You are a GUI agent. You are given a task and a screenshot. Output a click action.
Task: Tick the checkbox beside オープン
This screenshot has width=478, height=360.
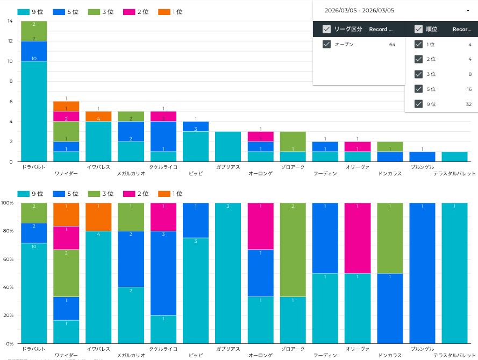point(326,44)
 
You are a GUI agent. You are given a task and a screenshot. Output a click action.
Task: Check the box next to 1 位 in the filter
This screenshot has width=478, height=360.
point(419,44)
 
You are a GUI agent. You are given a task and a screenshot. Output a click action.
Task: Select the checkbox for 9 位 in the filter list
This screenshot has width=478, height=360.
point(419,104)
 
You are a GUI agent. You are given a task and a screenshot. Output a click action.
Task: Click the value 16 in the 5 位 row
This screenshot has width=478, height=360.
point(469,89)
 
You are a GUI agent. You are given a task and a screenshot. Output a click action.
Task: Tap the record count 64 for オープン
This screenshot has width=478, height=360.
point(392,45)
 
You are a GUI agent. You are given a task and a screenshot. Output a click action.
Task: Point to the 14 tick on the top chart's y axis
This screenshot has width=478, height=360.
point(10,21)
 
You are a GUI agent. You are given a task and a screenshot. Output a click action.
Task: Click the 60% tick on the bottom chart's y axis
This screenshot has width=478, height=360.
point(8,259)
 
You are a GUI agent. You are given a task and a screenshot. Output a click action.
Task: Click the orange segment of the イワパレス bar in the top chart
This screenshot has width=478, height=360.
point(98,116)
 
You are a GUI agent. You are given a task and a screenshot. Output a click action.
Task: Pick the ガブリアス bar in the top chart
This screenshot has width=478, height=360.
point(228,146)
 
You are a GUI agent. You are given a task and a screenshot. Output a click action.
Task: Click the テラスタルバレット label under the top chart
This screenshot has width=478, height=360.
point(455,174)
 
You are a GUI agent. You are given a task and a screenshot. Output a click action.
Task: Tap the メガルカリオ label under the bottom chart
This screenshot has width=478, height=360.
point(131,355)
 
